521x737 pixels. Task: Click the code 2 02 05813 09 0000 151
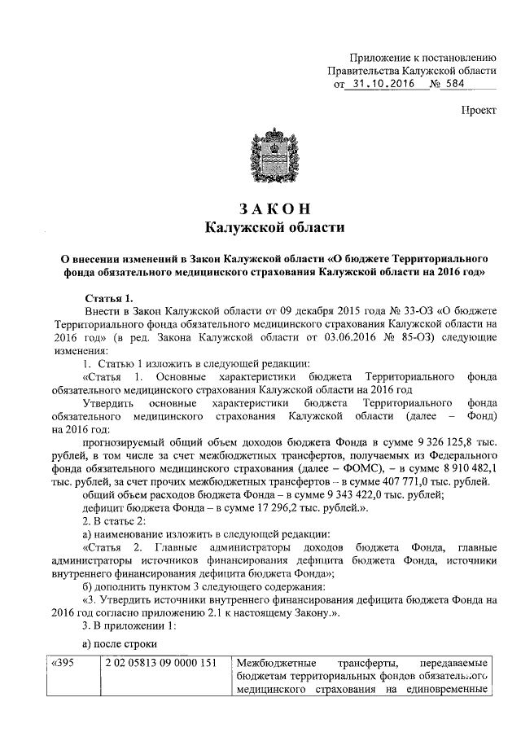point(159,662)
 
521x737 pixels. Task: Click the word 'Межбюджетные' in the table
point(275,662)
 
